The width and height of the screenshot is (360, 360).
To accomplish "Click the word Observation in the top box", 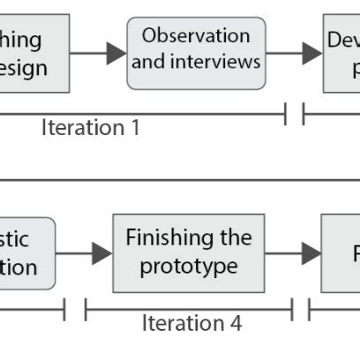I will pos(196,36).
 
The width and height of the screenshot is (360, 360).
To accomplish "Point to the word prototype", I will pos(188,265).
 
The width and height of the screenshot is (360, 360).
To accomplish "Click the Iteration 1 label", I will pos(91,127).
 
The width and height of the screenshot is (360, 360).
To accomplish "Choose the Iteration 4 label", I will pos(191,323).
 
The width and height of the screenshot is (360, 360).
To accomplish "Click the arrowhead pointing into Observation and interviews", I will pos(116,53).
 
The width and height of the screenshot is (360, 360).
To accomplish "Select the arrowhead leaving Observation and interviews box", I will pos(311,53).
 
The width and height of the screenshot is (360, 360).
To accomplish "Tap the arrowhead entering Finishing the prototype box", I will pos(102,253).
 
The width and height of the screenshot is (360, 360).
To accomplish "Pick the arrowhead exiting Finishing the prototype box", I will pos(310,253).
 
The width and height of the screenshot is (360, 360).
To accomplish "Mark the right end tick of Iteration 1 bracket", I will pos(286,115).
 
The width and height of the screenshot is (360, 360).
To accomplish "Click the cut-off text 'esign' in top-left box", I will pos(23,68).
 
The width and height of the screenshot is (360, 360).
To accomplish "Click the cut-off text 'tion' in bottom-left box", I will pos(19,267).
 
